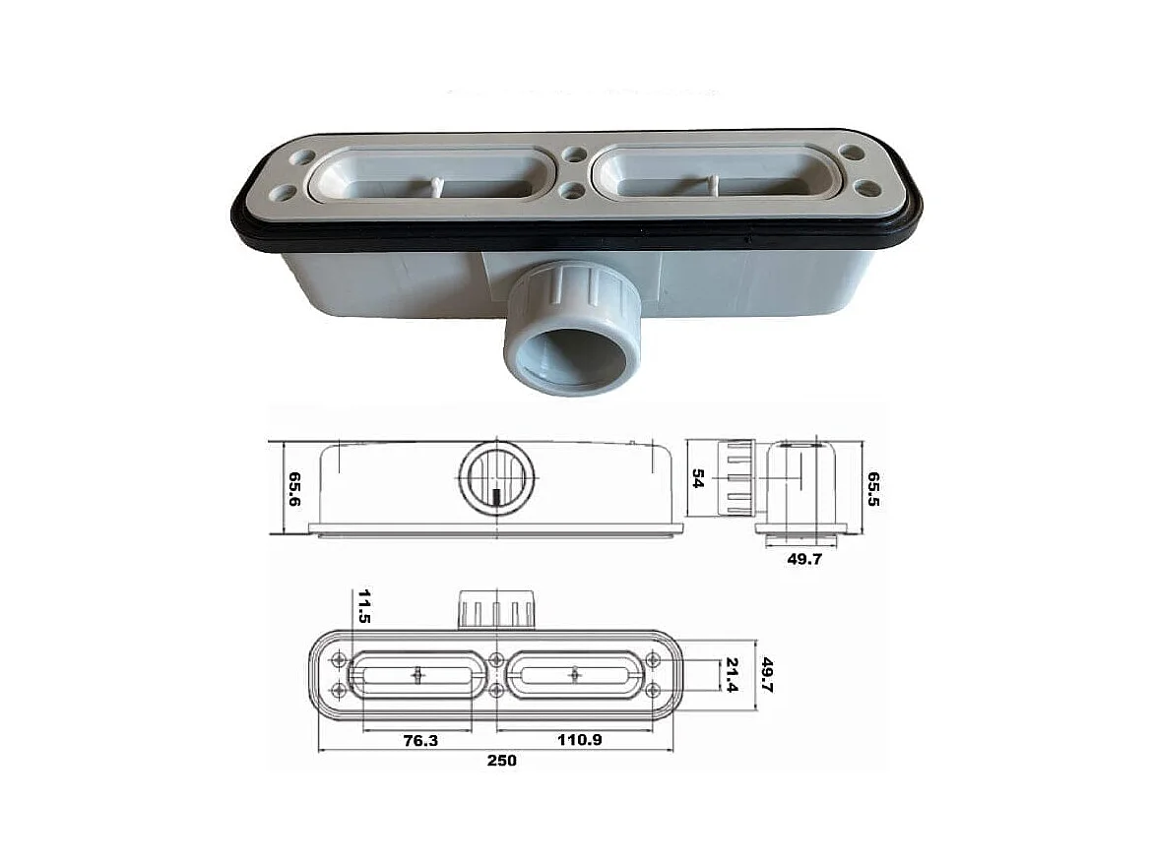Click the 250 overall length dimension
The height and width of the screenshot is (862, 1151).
pos(501,761)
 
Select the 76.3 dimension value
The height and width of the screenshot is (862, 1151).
pos(419,740)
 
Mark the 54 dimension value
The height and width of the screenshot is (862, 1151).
pos(698,478)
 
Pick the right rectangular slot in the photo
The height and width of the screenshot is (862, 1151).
pos(717,178)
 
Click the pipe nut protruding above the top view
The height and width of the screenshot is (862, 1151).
pos(497,610)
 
